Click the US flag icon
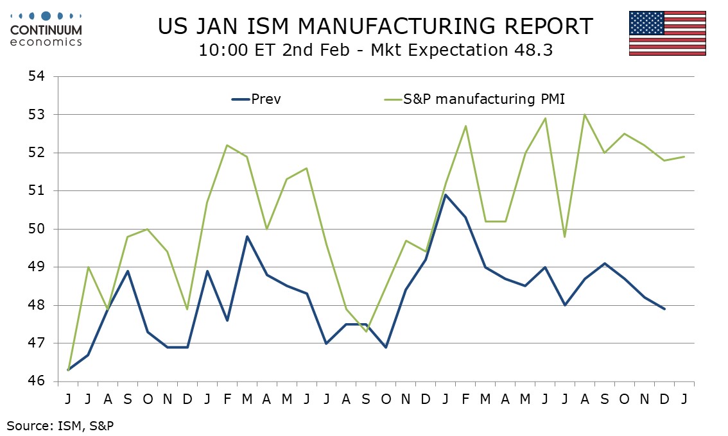pos(668,33)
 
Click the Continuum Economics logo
pos(46,29)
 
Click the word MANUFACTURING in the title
pos(392,26)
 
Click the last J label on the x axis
pos(684,399)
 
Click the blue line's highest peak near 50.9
pos(445,194)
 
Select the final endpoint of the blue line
pos(664,309)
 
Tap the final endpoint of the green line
pos(684,156)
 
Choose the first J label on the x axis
pos(67,399)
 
